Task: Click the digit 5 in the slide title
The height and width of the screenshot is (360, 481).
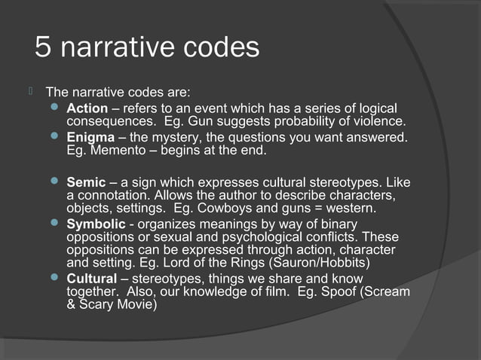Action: click(x=44, y=48)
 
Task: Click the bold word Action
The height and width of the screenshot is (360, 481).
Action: click(x=87, y=109)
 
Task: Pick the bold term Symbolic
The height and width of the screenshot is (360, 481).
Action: click(x=96, y=224)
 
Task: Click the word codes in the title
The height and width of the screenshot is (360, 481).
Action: click(x=219, y=48)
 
